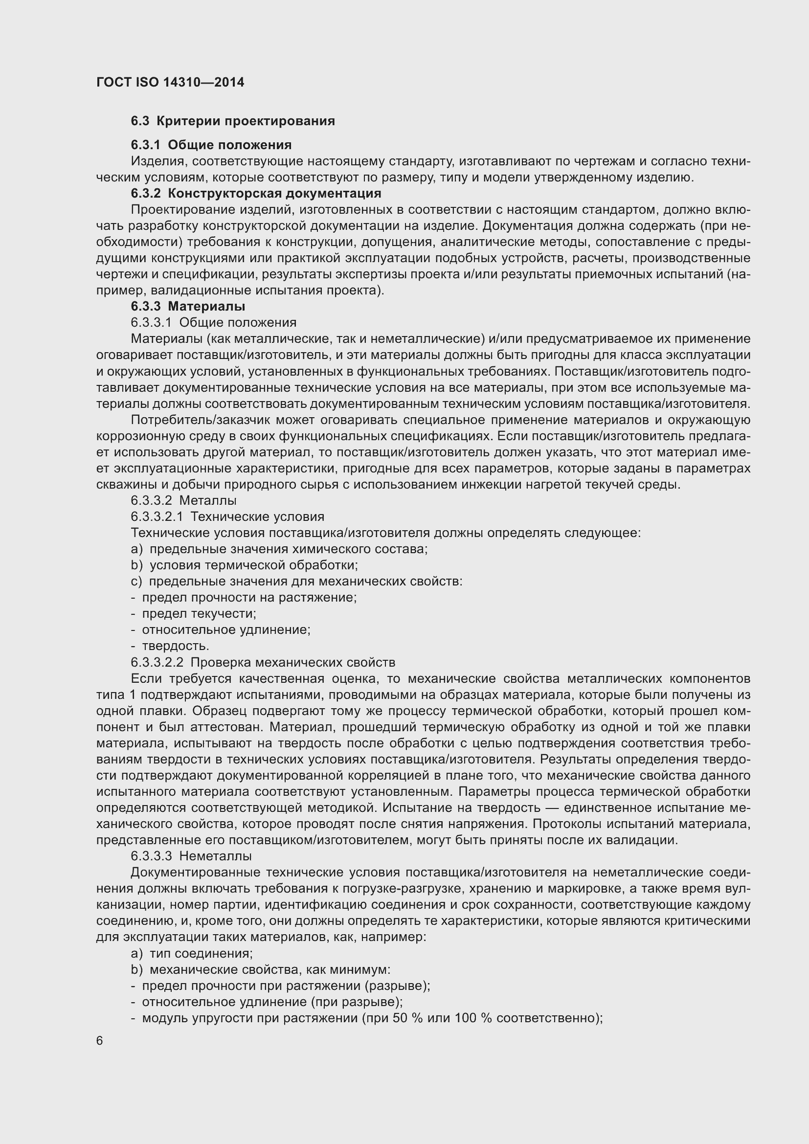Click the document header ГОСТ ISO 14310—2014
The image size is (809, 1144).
170,82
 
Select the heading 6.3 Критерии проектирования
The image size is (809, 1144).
233,121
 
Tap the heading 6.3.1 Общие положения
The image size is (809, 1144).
211,145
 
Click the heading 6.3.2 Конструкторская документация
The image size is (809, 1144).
256,193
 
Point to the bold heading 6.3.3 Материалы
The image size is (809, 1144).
188,306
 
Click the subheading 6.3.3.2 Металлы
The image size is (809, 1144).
183,500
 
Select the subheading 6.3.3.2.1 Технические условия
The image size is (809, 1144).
227,516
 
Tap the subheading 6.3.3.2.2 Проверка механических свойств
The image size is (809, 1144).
263,662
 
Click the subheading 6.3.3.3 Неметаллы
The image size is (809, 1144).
191,856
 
